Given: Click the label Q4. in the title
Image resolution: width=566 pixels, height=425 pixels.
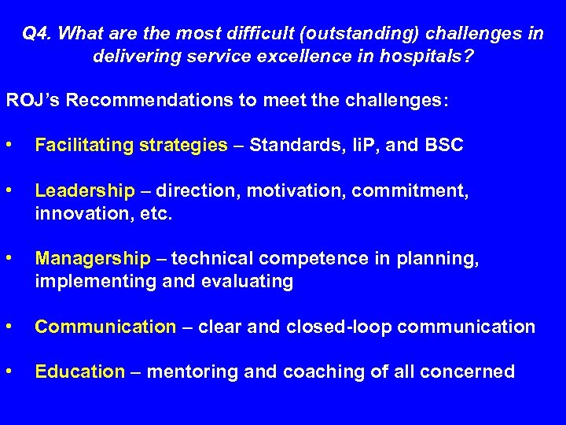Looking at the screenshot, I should (x=37, y=34).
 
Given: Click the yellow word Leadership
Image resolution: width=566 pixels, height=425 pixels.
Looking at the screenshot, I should (x=85, y=190).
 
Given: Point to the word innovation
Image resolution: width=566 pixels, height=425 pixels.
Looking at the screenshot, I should (x=76, y=213).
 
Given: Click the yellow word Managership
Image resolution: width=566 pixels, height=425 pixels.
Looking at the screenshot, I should (x=93, y=258).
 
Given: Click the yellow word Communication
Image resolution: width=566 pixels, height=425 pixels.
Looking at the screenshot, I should (x=105, y=327).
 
